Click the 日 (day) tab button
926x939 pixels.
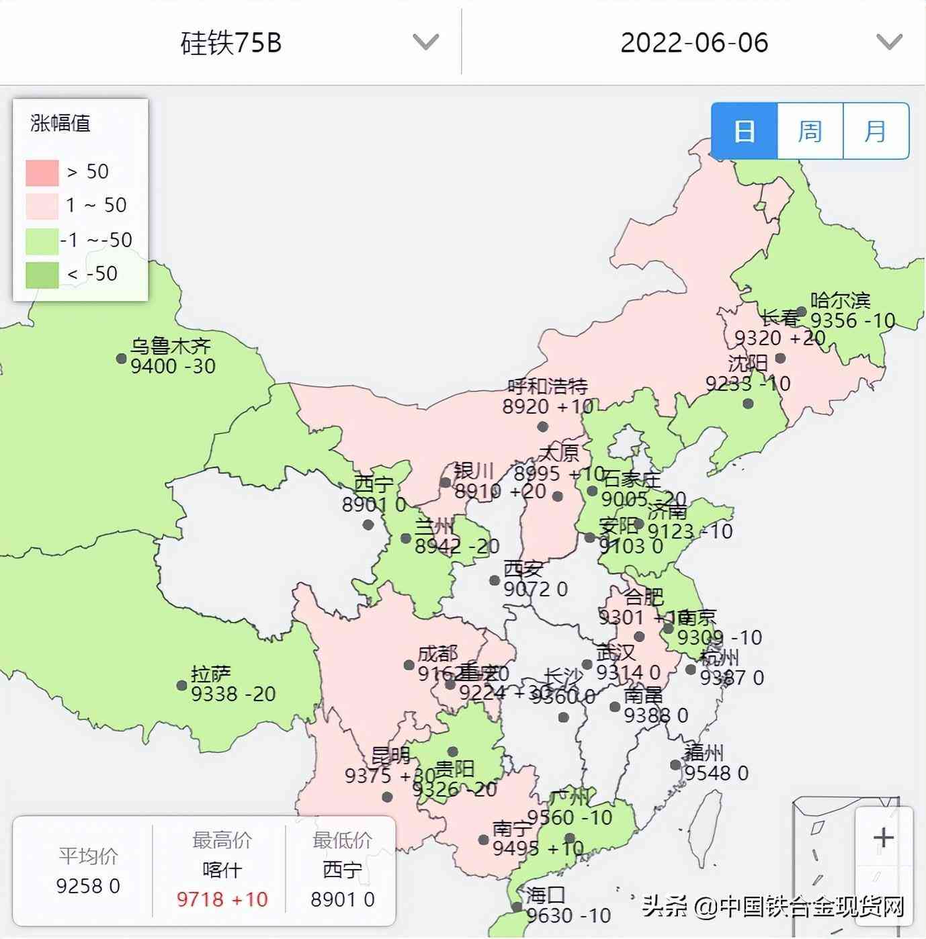(744, 131)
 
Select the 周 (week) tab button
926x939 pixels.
(810, 131)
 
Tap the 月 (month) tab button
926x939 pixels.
(876, 131)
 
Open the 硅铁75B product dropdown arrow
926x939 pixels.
(425, 42)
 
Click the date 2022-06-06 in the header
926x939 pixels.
(693, 43)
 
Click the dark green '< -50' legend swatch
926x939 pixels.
(42, 274)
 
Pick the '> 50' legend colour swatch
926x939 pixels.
(42, 173)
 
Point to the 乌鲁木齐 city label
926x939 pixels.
(171, 347)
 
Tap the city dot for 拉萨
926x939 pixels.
(181, 685)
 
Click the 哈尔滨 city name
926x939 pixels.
(840, 300)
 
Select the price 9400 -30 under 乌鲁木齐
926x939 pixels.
(173, 367)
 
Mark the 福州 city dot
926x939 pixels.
(675, 764)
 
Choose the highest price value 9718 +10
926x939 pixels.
(222, 899)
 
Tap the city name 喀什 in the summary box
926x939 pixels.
(222, 870)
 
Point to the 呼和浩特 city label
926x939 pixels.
(548, 386)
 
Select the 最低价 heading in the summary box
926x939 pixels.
(342, 840)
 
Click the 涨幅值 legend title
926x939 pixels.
(60, 124)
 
